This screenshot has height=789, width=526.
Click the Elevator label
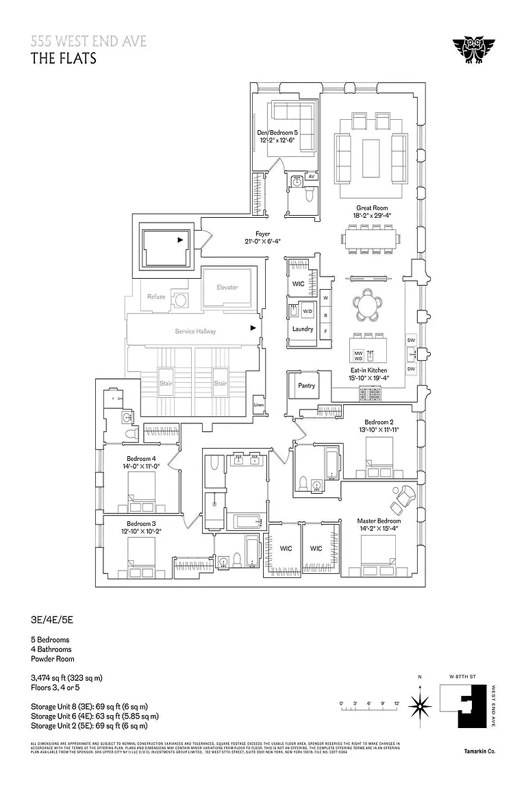(227, 287)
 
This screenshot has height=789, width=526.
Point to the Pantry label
(307, 386)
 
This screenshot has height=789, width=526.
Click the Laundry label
(302, 329)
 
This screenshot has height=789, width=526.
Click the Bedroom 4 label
(141, 459)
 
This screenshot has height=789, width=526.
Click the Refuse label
(156, 297)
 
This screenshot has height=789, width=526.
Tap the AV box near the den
(311, 177)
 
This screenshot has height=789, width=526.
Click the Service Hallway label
(195, 331)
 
